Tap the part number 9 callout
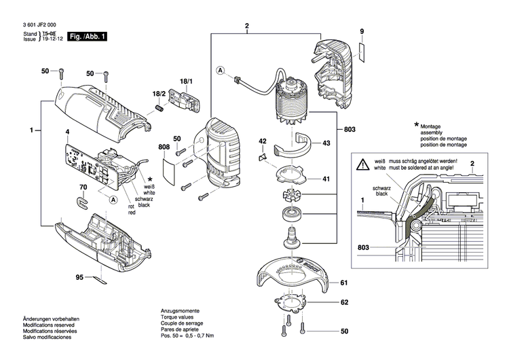(x=362, y=32)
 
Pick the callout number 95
(x=79, y=278)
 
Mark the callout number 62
(x=343, y=303)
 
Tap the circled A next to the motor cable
(x=221, y=70)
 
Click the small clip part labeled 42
(x=263, y=158)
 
